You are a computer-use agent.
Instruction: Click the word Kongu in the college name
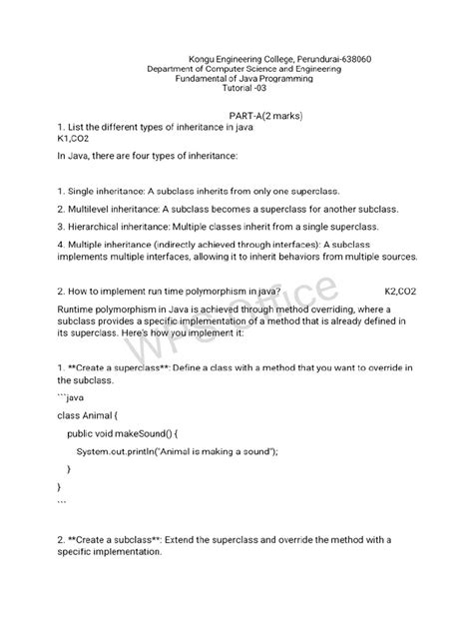click(x=203, y=59)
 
